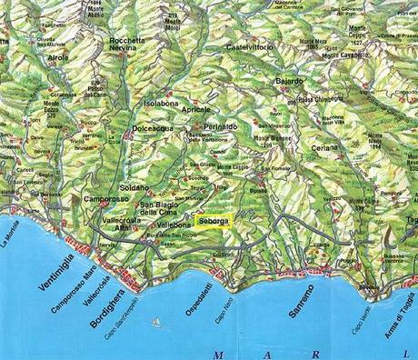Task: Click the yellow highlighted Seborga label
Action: coord(214,220)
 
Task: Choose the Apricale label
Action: coord(195,108)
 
